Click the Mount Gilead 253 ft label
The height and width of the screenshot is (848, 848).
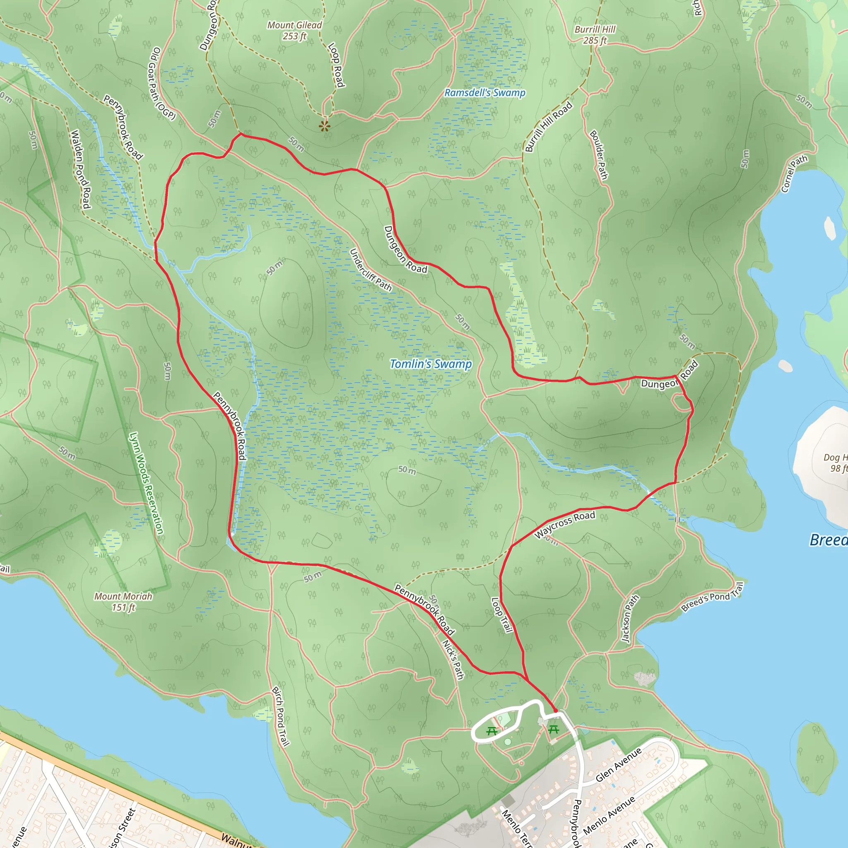pos(294,31)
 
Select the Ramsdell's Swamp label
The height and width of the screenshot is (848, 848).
pos(484,93)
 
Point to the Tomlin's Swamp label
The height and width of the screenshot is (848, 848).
pos(431,364)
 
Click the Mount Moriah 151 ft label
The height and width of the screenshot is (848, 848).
pos(123,602)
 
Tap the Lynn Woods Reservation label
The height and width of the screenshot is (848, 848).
pos(146,483)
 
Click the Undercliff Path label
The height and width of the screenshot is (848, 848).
pos(370,270)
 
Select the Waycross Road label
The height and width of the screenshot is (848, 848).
pos(564,525)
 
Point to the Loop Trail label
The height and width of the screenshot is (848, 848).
pos(502,614)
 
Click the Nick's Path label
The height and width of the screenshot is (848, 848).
pos(453,660)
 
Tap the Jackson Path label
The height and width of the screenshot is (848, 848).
pos(630,619)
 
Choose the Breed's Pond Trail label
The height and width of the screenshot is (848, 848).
pos(712,597)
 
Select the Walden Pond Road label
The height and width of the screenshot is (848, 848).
pos(80,169)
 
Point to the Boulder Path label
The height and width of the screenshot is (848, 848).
pos(599,154)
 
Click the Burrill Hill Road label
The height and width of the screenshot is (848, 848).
pos(549,126)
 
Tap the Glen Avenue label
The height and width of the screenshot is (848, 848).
pos(619,765)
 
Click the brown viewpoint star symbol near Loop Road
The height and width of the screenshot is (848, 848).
pos(324,126)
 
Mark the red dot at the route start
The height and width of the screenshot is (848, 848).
pos(555,710)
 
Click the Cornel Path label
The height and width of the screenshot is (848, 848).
pos(794,174)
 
